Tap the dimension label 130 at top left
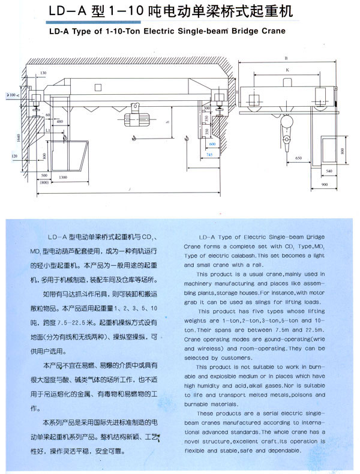pyautogui.click(x=43, y=73)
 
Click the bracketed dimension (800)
pyautogui.click(x=43, y=183)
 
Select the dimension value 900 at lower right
pyautogui.click(x=324, y=184)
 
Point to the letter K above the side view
pyautogui.click(x=287, y=70)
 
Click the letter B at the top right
pyautogui.click(x=287, y=58)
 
